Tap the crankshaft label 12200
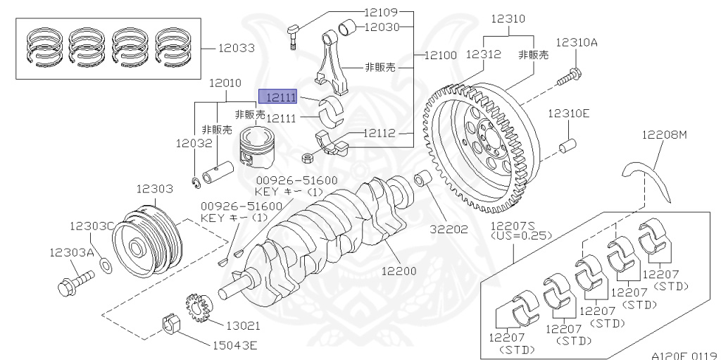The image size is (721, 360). [399, 270]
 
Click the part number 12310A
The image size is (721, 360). [576, 42]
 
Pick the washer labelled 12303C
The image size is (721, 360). [105, 264]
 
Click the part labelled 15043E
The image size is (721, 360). [172, 325]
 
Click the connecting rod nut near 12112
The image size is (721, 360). [307, 156]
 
